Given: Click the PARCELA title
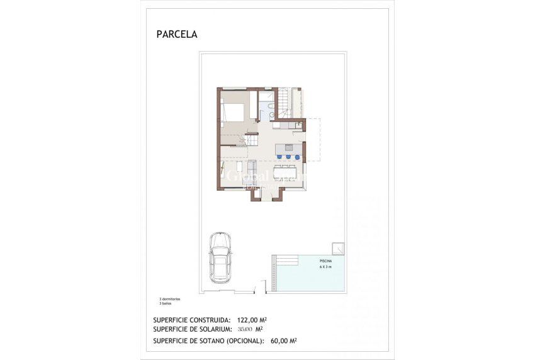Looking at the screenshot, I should [x=176, y=35].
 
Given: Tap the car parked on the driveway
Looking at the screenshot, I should [x=220, y=257].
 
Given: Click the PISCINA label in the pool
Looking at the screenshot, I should [x=325, y=260].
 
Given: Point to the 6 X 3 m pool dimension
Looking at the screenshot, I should [x=325, y=267].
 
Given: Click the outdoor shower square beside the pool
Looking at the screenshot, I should [x=339, y=247].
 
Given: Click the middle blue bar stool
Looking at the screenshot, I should [x=288, y=156].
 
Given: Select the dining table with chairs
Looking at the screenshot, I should [x=289, y=172].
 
